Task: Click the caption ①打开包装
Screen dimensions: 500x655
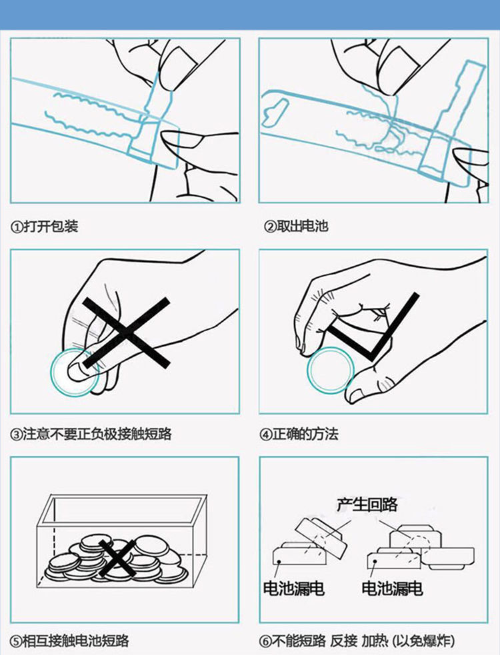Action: coord(44,227)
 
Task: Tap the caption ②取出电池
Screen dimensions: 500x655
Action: coord(295,226)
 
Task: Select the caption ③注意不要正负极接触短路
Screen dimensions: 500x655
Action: coord(91,434)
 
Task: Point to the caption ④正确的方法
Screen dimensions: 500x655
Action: coord(299,434)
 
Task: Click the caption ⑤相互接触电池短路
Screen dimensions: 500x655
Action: coord(69,641)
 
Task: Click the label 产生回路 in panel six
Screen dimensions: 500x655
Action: coord(367,504)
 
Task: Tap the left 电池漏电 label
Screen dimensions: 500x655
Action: coord(294,588)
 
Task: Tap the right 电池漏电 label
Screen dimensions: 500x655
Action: coord(392,588)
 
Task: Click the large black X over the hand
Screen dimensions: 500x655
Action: coord(126,333)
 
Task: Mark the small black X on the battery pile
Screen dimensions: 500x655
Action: coord(117,558)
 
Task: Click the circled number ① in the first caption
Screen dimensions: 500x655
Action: coord(17,227)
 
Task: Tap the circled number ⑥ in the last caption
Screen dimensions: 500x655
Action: coord(265,641)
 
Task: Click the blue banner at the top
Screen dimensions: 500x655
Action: coord(250,15)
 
